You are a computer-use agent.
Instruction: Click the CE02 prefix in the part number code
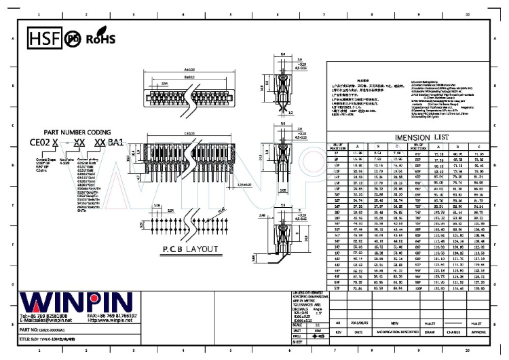tap(40, 143)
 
